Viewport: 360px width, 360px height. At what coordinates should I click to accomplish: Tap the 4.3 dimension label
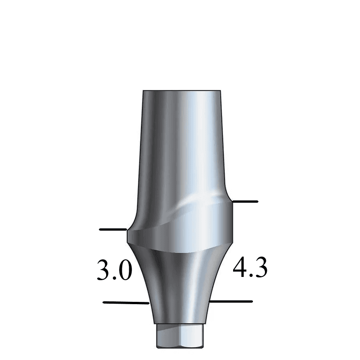point(250,268)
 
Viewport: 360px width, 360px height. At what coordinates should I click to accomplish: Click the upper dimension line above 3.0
point(113,229)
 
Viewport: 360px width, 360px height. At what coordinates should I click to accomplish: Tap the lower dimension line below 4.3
point(231,302)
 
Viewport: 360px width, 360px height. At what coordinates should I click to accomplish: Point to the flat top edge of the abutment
point(181,90)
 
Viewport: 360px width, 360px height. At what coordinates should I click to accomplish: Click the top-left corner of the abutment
point(143,91)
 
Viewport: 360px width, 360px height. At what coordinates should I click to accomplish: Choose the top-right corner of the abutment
point(220,91)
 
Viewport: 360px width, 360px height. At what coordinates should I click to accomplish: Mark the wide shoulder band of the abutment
point(180,231)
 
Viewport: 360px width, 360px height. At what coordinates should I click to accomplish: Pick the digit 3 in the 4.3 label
point(260,268)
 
